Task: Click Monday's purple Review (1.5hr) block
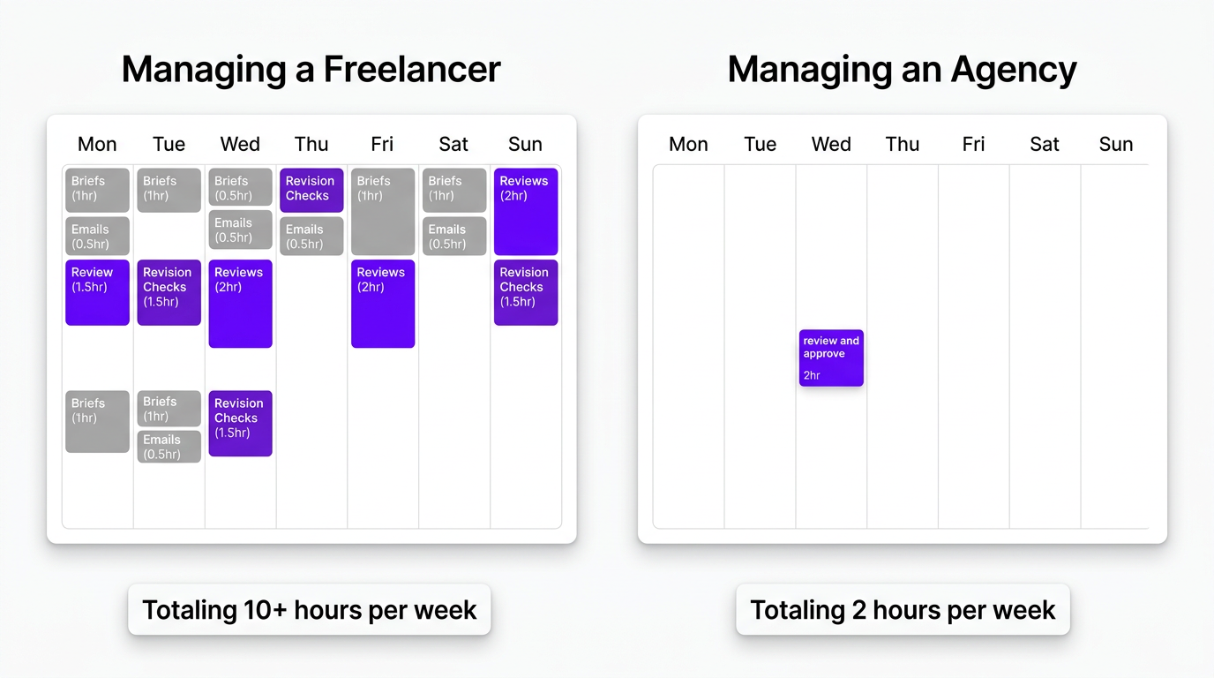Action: coord(97,292)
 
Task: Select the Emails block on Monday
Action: coord(97,236)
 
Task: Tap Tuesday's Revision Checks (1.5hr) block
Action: coord(169,292)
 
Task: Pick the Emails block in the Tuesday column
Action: coord(169,447)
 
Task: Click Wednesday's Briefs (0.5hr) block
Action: coord(240,187)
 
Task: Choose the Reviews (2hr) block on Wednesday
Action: coord(240,303)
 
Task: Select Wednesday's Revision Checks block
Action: coord(240,424)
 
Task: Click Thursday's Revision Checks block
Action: coord(311,190)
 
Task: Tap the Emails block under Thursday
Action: coord(311,236)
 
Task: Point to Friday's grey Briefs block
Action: coord(383,211)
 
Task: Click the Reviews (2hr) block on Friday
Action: coord(383,303)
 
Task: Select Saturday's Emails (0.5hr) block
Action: coord(454,236)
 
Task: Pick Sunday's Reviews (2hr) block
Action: coord(526,211)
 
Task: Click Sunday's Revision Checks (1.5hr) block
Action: coord(526,292)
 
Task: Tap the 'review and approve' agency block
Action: coord(831,358)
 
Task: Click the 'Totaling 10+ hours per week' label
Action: coord(309,609)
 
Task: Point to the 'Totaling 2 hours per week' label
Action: coord(903,609)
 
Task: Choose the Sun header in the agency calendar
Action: coord(1115,144)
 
